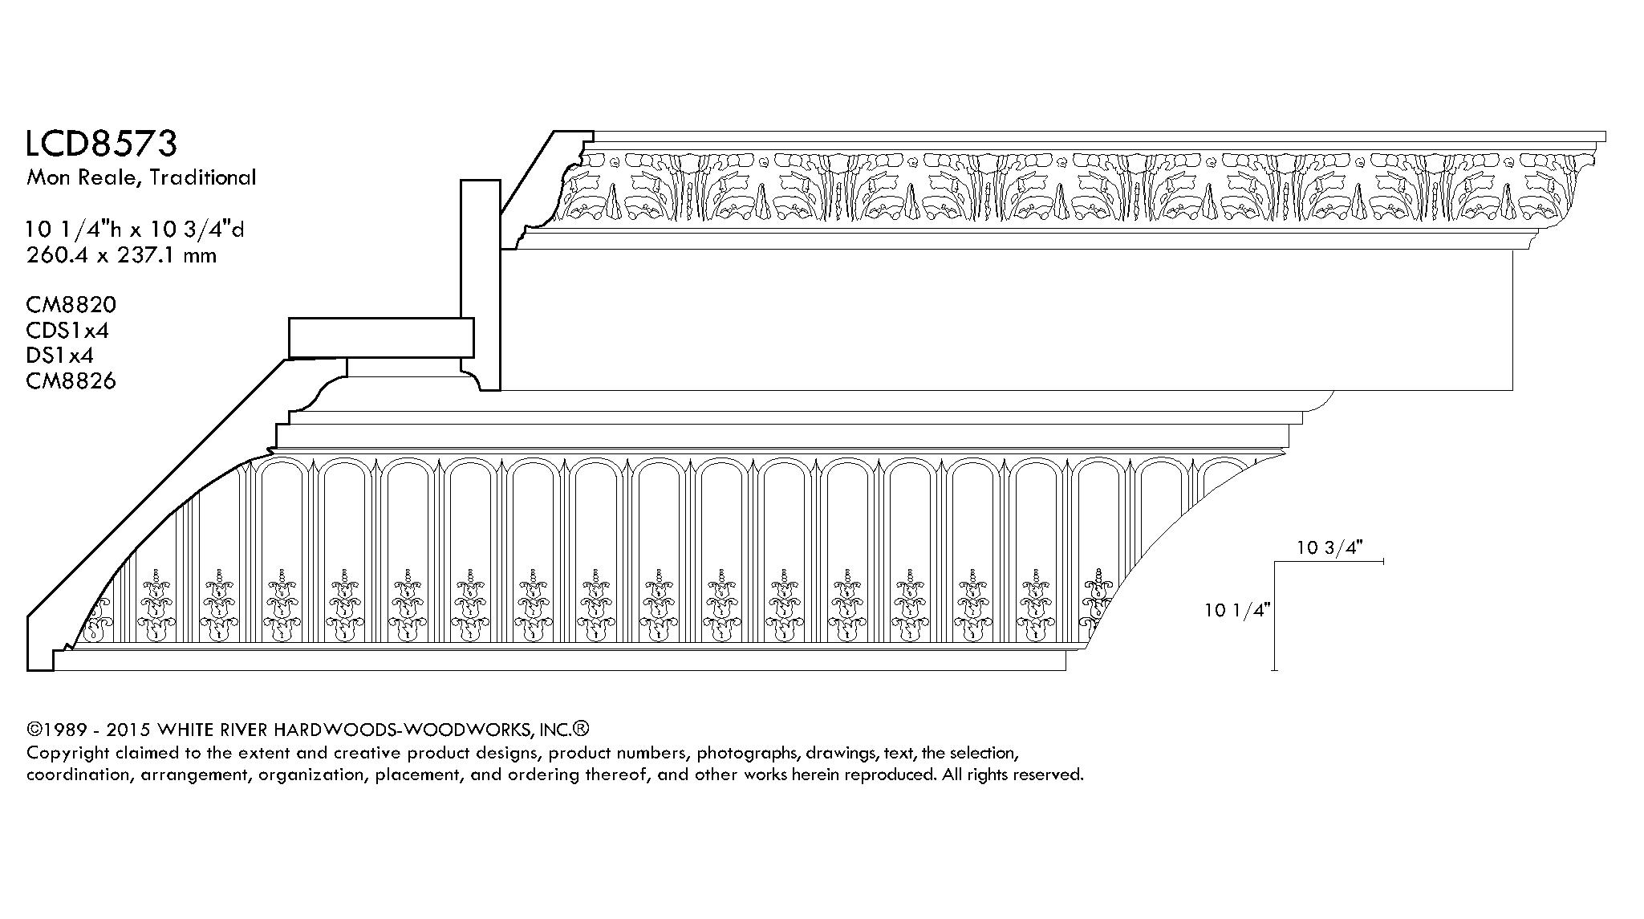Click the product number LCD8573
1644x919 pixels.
[101, 144]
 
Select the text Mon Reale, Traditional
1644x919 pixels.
[141, 177]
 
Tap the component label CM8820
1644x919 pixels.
[71, 305]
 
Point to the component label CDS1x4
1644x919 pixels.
[67, 330]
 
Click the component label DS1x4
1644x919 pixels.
[60, 355]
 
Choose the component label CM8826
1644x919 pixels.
[71, 380]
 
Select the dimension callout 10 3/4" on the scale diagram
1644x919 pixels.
[1330, 548]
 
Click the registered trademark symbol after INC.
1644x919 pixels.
[582, 729]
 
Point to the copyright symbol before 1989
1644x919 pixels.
[34, 730]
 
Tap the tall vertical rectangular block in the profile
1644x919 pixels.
[480, 285]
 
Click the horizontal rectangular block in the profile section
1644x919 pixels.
[381, 338]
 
